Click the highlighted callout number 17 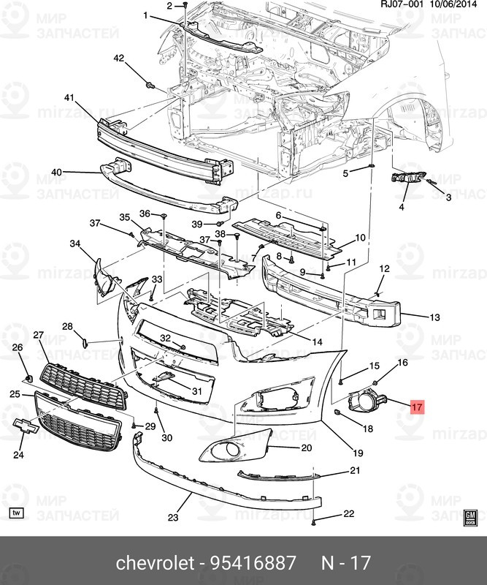[x=417, y=407]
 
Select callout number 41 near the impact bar [x=69, y=98]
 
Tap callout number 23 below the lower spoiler [x=172, y=518]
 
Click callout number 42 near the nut [x=118, y=58]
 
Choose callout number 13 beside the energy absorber [x=434, y=317]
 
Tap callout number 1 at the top [x=145, y=15]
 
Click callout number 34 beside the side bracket [x=74, y=244]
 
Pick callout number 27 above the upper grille [x=39, y=335]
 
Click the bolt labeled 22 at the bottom [x=313, y=522]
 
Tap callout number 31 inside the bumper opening [x=196, y=391]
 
